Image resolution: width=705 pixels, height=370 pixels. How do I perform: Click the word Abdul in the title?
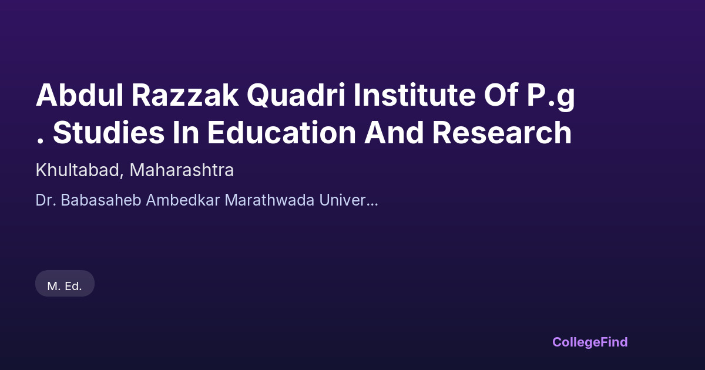79,95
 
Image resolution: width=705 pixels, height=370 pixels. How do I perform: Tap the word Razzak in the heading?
184,95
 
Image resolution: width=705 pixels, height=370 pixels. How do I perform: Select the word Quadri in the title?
296,96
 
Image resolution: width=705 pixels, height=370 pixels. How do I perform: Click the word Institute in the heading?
415,95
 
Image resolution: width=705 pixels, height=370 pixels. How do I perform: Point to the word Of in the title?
501,95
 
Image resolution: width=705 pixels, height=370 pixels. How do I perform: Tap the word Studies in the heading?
109,133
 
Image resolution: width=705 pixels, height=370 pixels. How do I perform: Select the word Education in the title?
281,133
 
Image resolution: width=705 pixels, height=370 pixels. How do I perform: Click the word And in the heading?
394,133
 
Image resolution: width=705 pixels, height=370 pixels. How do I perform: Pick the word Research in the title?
502,133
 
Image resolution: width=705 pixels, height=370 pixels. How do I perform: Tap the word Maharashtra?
182,170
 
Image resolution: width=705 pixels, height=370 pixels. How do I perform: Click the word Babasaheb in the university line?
100,200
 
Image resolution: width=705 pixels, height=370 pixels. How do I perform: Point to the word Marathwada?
270,200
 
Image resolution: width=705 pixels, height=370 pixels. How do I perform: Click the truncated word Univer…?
348,200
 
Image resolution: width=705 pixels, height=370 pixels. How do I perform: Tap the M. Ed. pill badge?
65,284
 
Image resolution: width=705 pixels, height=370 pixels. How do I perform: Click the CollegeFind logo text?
590,342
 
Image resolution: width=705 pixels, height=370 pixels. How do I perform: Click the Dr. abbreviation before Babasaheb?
46,200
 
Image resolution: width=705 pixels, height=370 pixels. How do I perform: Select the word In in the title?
186,133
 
